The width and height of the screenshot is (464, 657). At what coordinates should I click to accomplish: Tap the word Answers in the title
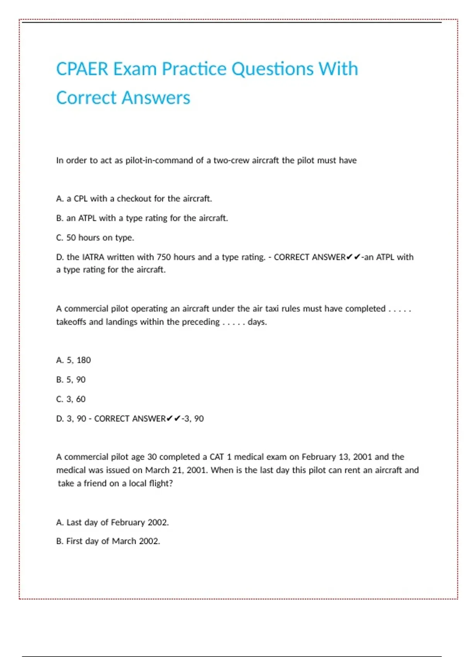pyautogui.click(x=157, y=98)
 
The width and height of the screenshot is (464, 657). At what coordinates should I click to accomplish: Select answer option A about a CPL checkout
pyautogui.click(x=134, y=199)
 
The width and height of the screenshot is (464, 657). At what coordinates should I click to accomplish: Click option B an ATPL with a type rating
pyautogui.click(x=142, y=218)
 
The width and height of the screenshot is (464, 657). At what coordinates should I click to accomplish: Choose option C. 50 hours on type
pyautogui.click(x=95, y=238)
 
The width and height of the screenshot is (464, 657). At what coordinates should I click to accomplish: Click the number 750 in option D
pyautogui.click(x=164, y=257)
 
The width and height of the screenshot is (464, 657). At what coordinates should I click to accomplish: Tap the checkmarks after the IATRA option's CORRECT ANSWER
pyautogui.click(x=353, y=257)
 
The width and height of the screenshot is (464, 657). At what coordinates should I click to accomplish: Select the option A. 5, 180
pyautogui.click(x=73, y=360)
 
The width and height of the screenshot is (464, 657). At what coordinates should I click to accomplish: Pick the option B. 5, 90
pyautogui.click(x=71, y=380)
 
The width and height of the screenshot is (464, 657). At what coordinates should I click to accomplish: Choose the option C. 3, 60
pyautogui.click(x=71, y=399)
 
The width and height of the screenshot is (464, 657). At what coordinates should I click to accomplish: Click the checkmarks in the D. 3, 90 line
pyautogui.click(x=174, y=419)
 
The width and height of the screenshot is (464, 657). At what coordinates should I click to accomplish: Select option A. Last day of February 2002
pyautogui.click(x=112, y=523)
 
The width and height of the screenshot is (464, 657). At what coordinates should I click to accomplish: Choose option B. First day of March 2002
pyautogui.click(x=108, y=541)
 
